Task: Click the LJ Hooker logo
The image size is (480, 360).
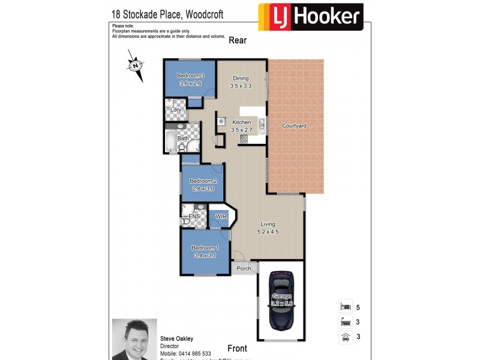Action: point(310,17)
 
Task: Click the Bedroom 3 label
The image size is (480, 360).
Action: point(190,76)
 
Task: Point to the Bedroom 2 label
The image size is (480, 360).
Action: point(203,181)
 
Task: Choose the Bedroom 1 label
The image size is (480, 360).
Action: point(205,248)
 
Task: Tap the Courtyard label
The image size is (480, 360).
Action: point(295,126)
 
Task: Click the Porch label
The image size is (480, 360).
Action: point(244,268)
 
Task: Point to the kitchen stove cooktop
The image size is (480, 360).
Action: point(244,139)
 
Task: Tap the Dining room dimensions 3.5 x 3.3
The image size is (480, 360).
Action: point(240,86)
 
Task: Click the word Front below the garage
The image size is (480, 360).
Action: point(237,348)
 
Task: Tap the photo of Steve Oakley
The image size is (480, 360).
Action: point(134,339)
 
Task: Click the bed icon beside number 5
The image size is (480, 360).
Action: point(345,307)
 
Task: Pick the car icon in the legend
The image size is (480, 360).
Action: point(345,337)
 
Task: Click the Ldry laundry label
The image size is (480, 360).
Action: point(176,110)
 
